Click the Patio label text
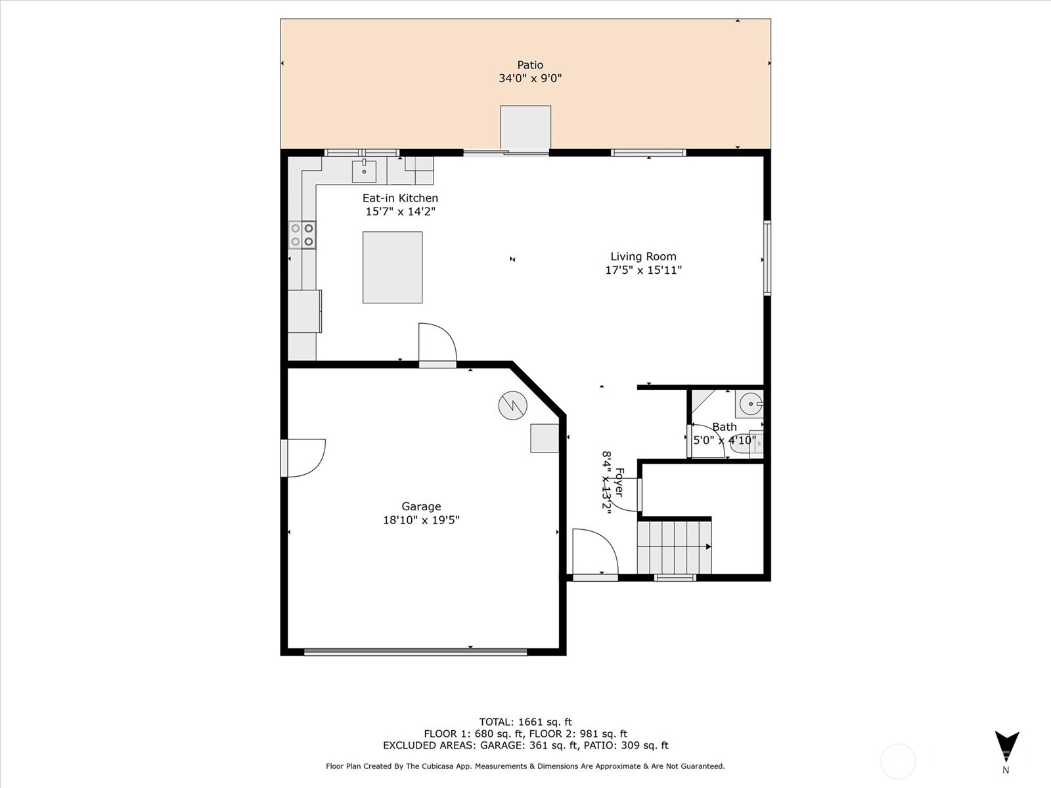(530, 65)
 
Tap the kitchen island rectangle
(392, 267)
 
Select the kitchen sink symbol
(364, 171)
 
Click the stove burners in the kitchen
(302, 235)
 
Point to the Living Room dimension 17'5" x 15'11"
(643, 270)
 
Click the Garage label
(421, 506)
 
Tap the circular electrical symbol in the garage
(512, 406)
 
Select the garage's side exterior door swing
(303, 457)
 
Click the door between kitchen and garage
(437, 343)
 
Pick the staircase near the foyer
(674, 547)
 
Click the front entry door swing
(594, 555)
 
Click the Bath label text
(725, 427)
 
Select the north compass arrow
(1006, 746)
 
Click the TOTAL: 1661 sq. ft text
(525, 722)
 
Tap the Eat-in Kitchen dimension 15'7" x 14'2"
(401, 211)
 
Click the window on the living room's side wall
(767, 258)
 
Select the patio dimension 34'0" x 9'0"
(530, 79)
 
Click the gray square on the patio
(525, 128)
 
